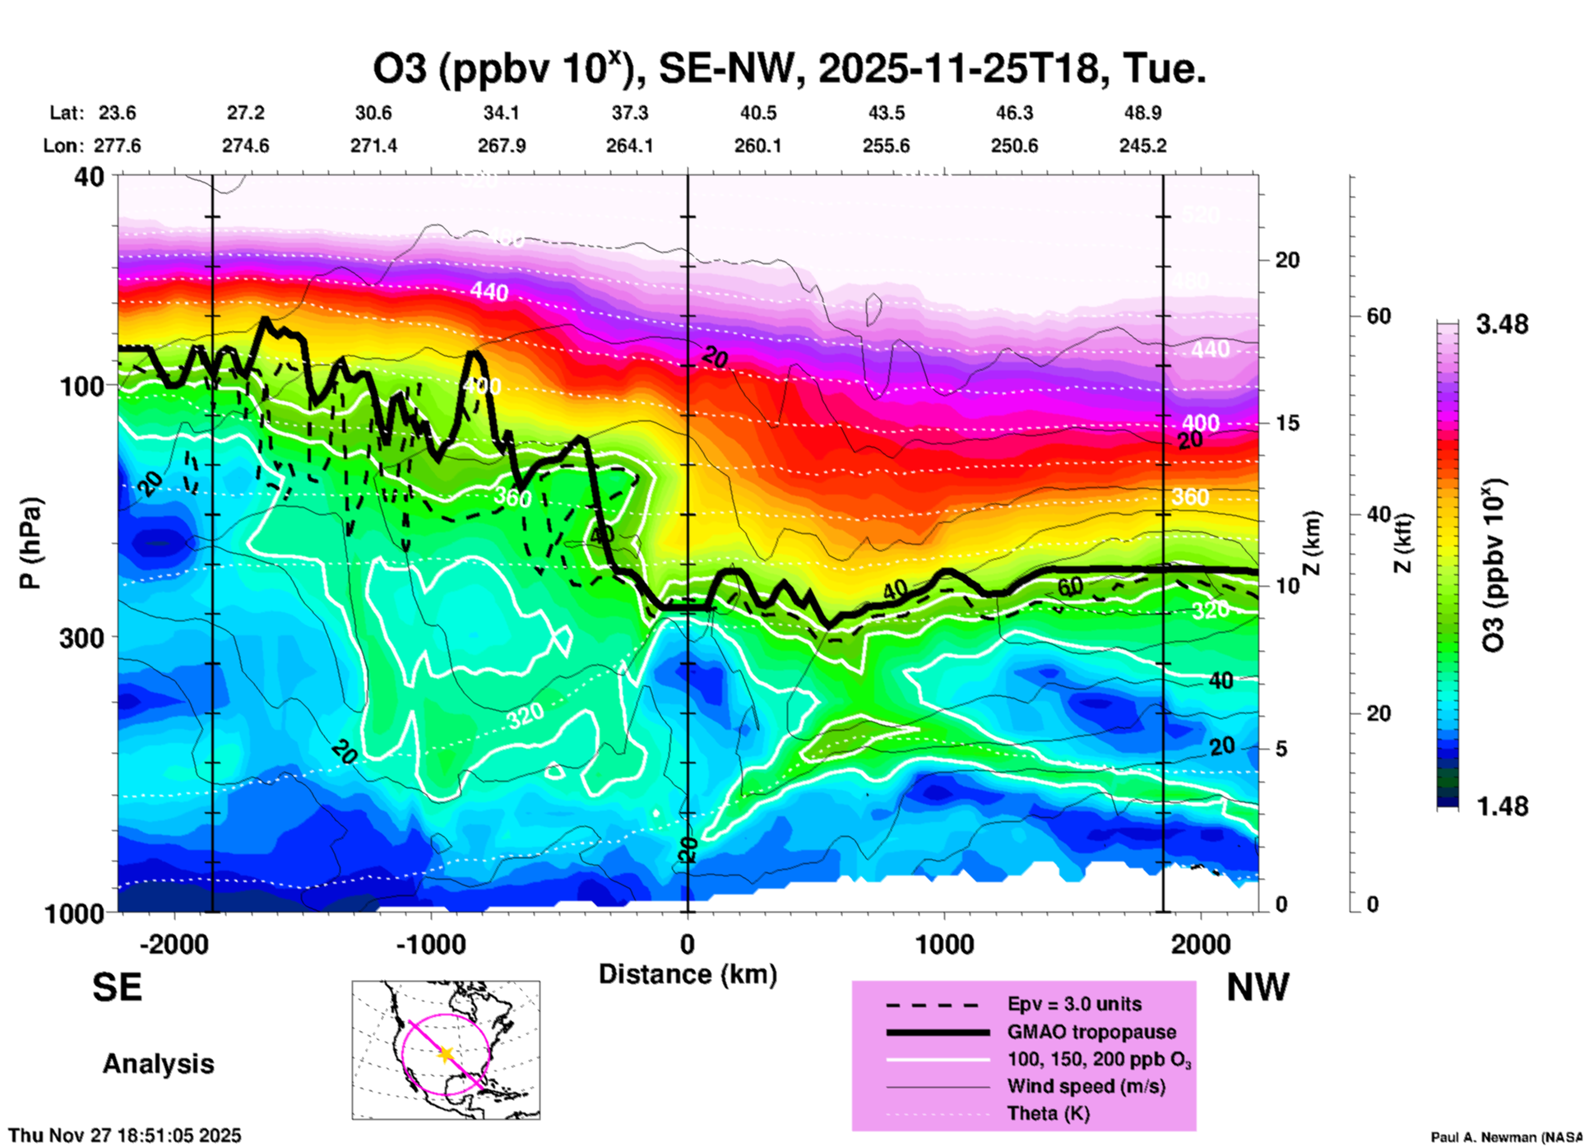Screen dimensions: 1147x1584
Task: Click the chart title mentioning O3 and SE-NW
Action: point(790,69)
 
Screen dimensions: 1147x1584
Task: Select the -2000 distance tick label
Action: point(174,945)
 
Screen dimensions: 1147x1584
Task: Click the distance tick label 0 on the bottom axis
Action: point(688,945)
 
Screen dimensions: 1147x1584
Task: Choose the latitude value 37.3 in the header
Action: point(629,113)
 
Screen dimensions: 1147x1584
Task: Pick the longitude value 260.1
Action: point(757,146)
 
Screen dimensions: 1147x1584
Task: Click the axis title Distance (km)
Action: point(688,974)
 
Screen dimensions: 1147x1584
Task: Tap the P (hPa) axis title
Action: point(30,543)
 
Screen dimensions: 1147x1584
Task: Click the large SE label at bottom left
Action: point(118,987)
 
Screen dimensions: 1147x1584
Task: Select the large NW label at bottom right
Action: point(1257,987)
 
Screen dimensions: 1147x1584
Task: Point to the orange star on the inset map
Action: point(446,1054)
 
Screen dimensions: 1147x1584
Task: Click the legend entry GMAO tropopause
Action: point(1091,1032)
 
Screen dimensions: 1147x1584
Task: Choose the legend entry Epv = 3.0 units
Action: point(1074,1004)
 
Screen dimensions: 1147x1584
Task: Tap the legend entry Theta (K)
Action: point(1048,1113)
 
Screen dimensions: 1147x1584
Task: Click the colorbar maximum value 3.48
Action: point(1502,324)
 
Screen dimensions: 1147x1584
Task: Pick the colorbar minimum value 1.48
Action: point(1502,806)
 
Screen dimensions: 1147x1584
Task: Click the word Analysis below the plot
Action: point(158,1064)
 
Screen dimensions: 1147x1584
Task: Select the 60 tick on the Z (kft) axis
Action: point(1379,316)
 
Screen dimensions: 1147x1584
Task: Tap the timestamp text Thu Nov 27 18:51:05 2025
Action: point(125,1135)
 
